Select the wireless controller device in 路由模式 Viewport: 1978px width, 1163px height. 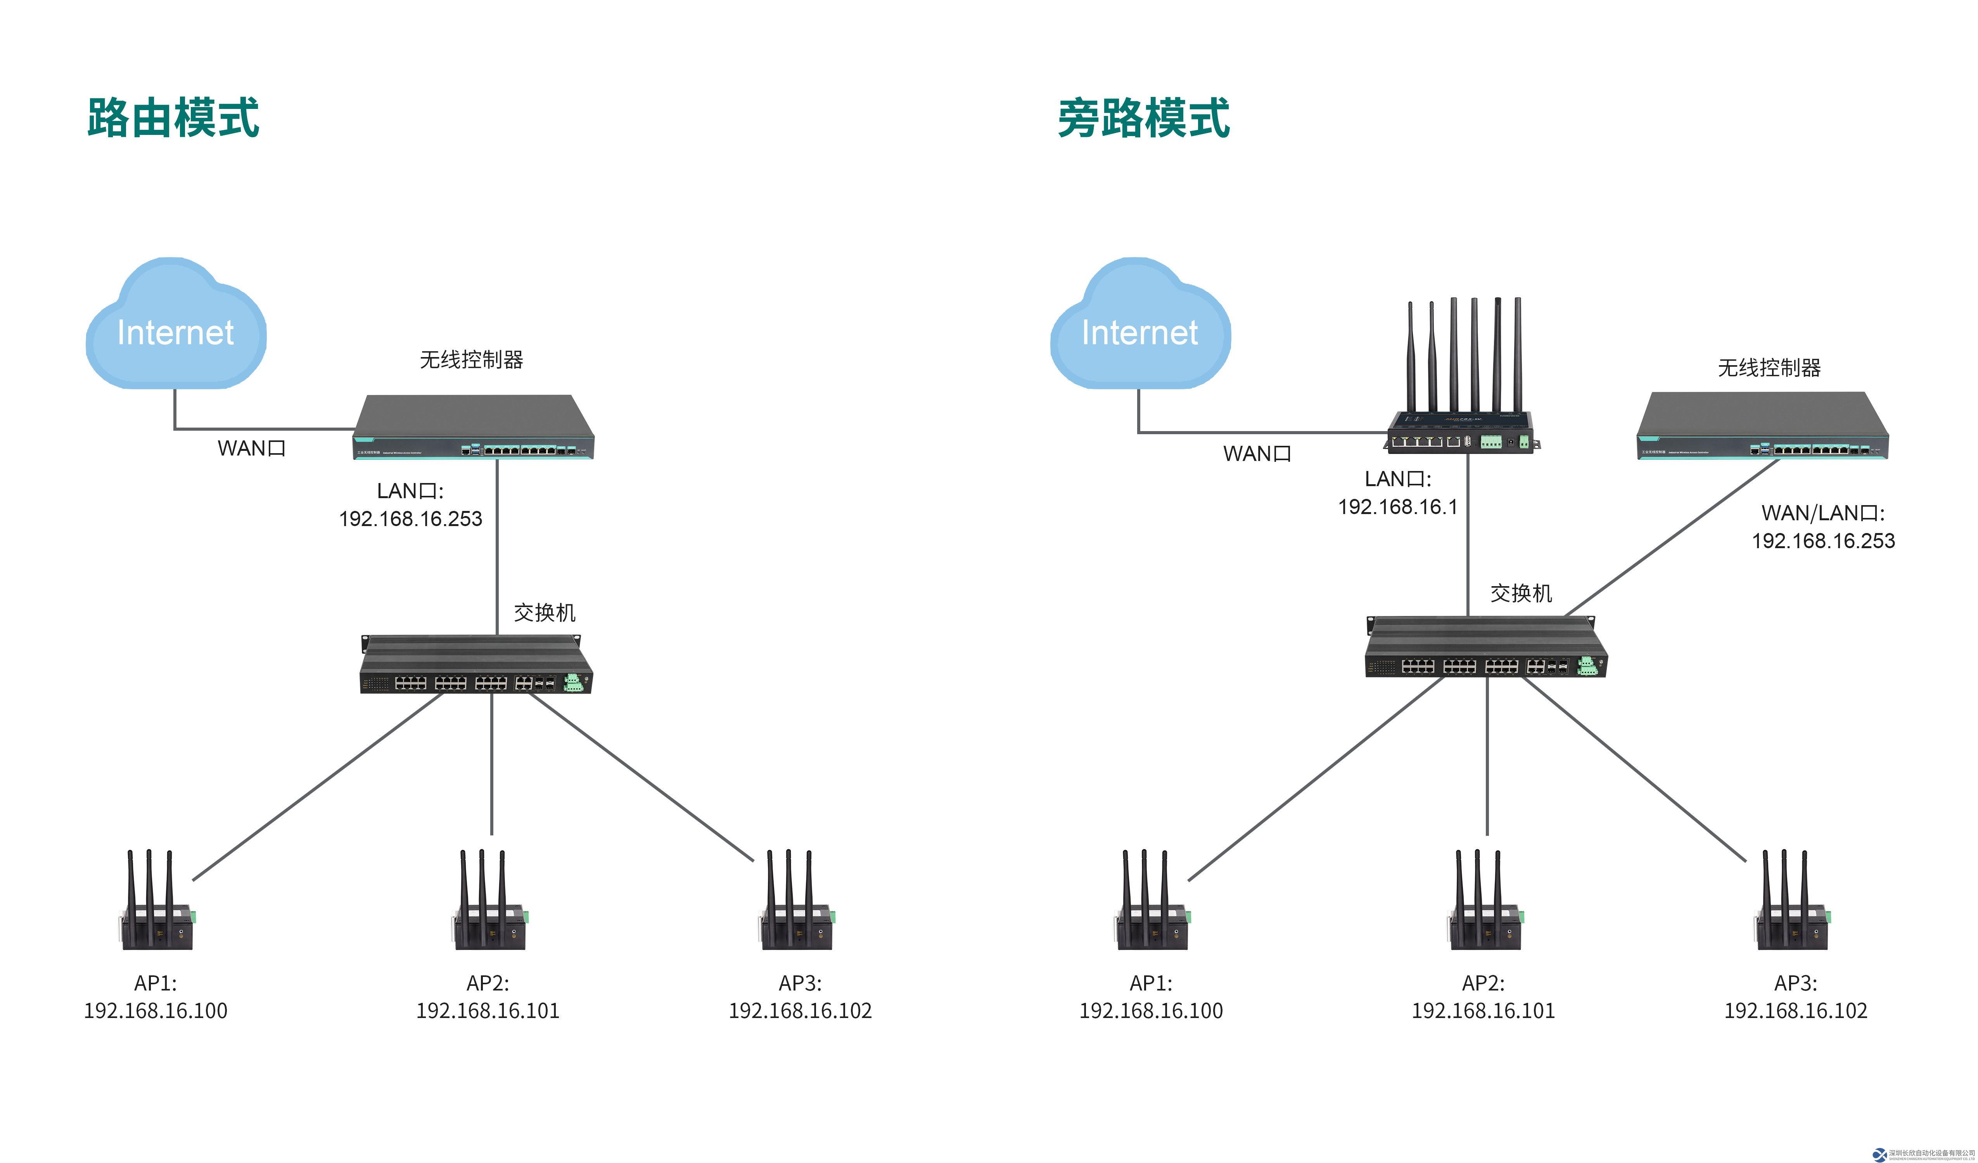[x=473, y=428]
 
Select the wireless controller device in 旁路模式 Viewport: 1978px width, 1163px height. [x=1762, y=426]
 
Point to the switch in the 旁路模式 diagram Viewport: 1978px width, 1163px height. [x=1485, y=647]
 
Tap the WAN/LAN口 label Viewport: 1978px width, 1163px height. [x=1822, y=513]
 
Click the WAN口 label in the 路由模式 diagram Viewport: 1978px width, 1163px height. [x=251, y=448]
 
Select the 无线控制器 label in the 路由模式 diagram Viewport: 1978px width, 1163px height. [x=471, y=359]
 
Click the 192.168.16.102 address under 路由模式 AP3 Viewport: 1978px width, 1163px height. [x=800, y=1011]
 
